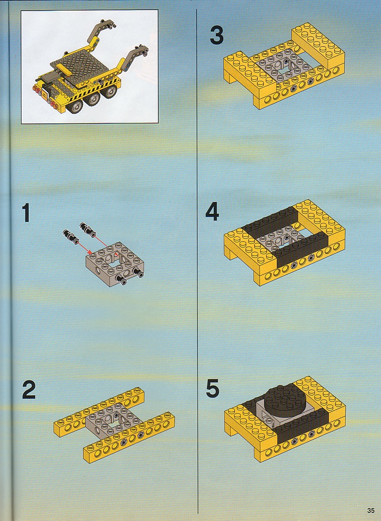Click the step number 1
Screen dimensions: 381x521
[x=26, y=212]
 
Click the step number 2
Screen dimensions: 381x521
[x=29, y=389]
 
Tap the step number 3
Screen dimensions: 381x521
[x=217, y=35]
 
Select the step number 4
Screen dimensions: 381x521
[x=212, y=211]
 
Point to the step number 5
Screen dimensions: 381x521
[x=212, y=388]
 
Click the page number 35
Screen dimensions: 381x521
[x=370, y=510]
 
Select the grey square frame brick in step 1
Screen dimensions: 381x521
[x=115, y=263]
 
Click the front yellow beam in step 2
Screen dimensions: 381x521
[x=129, y=437]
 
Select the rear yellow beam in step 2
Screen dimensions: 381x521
[x=99, y=411]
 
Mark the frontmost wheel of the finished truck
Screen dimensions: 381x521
[x=75, y=106]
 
